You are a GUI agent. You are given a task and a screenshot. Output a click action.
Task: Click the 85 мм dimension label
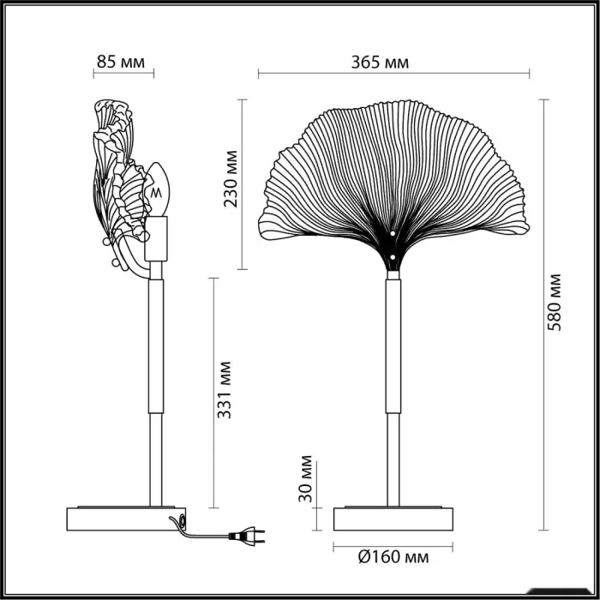(x=119, y=61)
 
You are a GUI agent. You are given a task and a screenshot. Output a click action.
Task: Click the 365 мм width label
(x=380, y=61)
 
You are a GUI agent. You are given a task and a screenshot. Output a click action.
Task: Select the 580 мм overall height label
(x=555, y=302)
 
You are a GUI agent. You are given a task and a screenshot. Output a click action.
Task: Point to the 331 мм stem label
(x=225, y=389)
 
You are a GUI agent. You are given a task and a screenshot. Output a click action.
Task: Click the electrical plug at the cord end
(x=243, y=538)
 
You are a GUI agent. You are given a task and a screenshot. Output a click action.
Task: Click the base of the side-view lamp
(x=126, y=520)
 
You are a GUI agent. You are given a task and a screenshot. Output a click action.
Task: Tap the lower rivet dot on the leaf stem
(x=393, y=255)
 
